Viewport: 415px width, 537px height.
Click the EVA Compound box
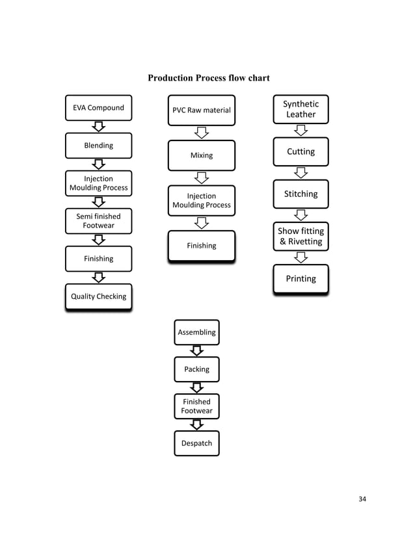pos(98,108)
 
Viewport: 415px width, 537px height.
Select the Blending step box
pos(98,146)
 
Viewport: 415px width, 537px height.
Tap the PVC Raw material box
pos(201,110)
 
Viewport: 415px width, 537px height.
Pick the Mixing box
pos(201,155)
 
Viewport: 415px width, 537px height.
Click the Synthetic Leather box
pos(301,109)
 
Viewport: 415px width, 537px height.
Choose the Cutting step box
pos(301,151)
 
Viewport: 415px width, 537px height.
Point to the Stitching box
pos(301,194)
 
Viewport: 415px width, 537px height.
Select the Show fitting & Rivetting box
pos(301,237)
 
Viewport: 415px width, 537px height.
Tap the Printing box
pos(301,279)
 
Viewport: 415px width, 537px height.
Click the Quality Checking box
pos(98,296)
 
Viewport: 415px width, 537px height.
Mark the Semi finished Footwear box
pos(98,221)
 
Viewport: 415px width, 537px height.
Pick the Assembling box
pos(196,332)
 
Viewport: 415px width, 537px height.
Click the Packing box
pos(196,369)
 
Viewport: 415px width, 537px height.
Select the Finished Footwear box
pos(196,406)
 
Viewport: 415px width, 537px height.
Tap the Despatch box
pos(196,443)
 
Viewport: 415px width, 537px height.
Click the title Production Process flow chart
pos(208,79)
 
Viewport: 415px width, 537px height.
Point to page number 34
pos(362,499)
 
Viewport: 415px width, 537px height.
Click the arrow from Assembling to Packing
pos(196,351)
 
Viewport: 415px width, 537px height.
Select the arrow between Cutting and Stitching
pos(301,173)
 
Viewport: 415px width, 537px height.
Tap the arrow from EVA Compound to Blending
pos(98,127)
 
